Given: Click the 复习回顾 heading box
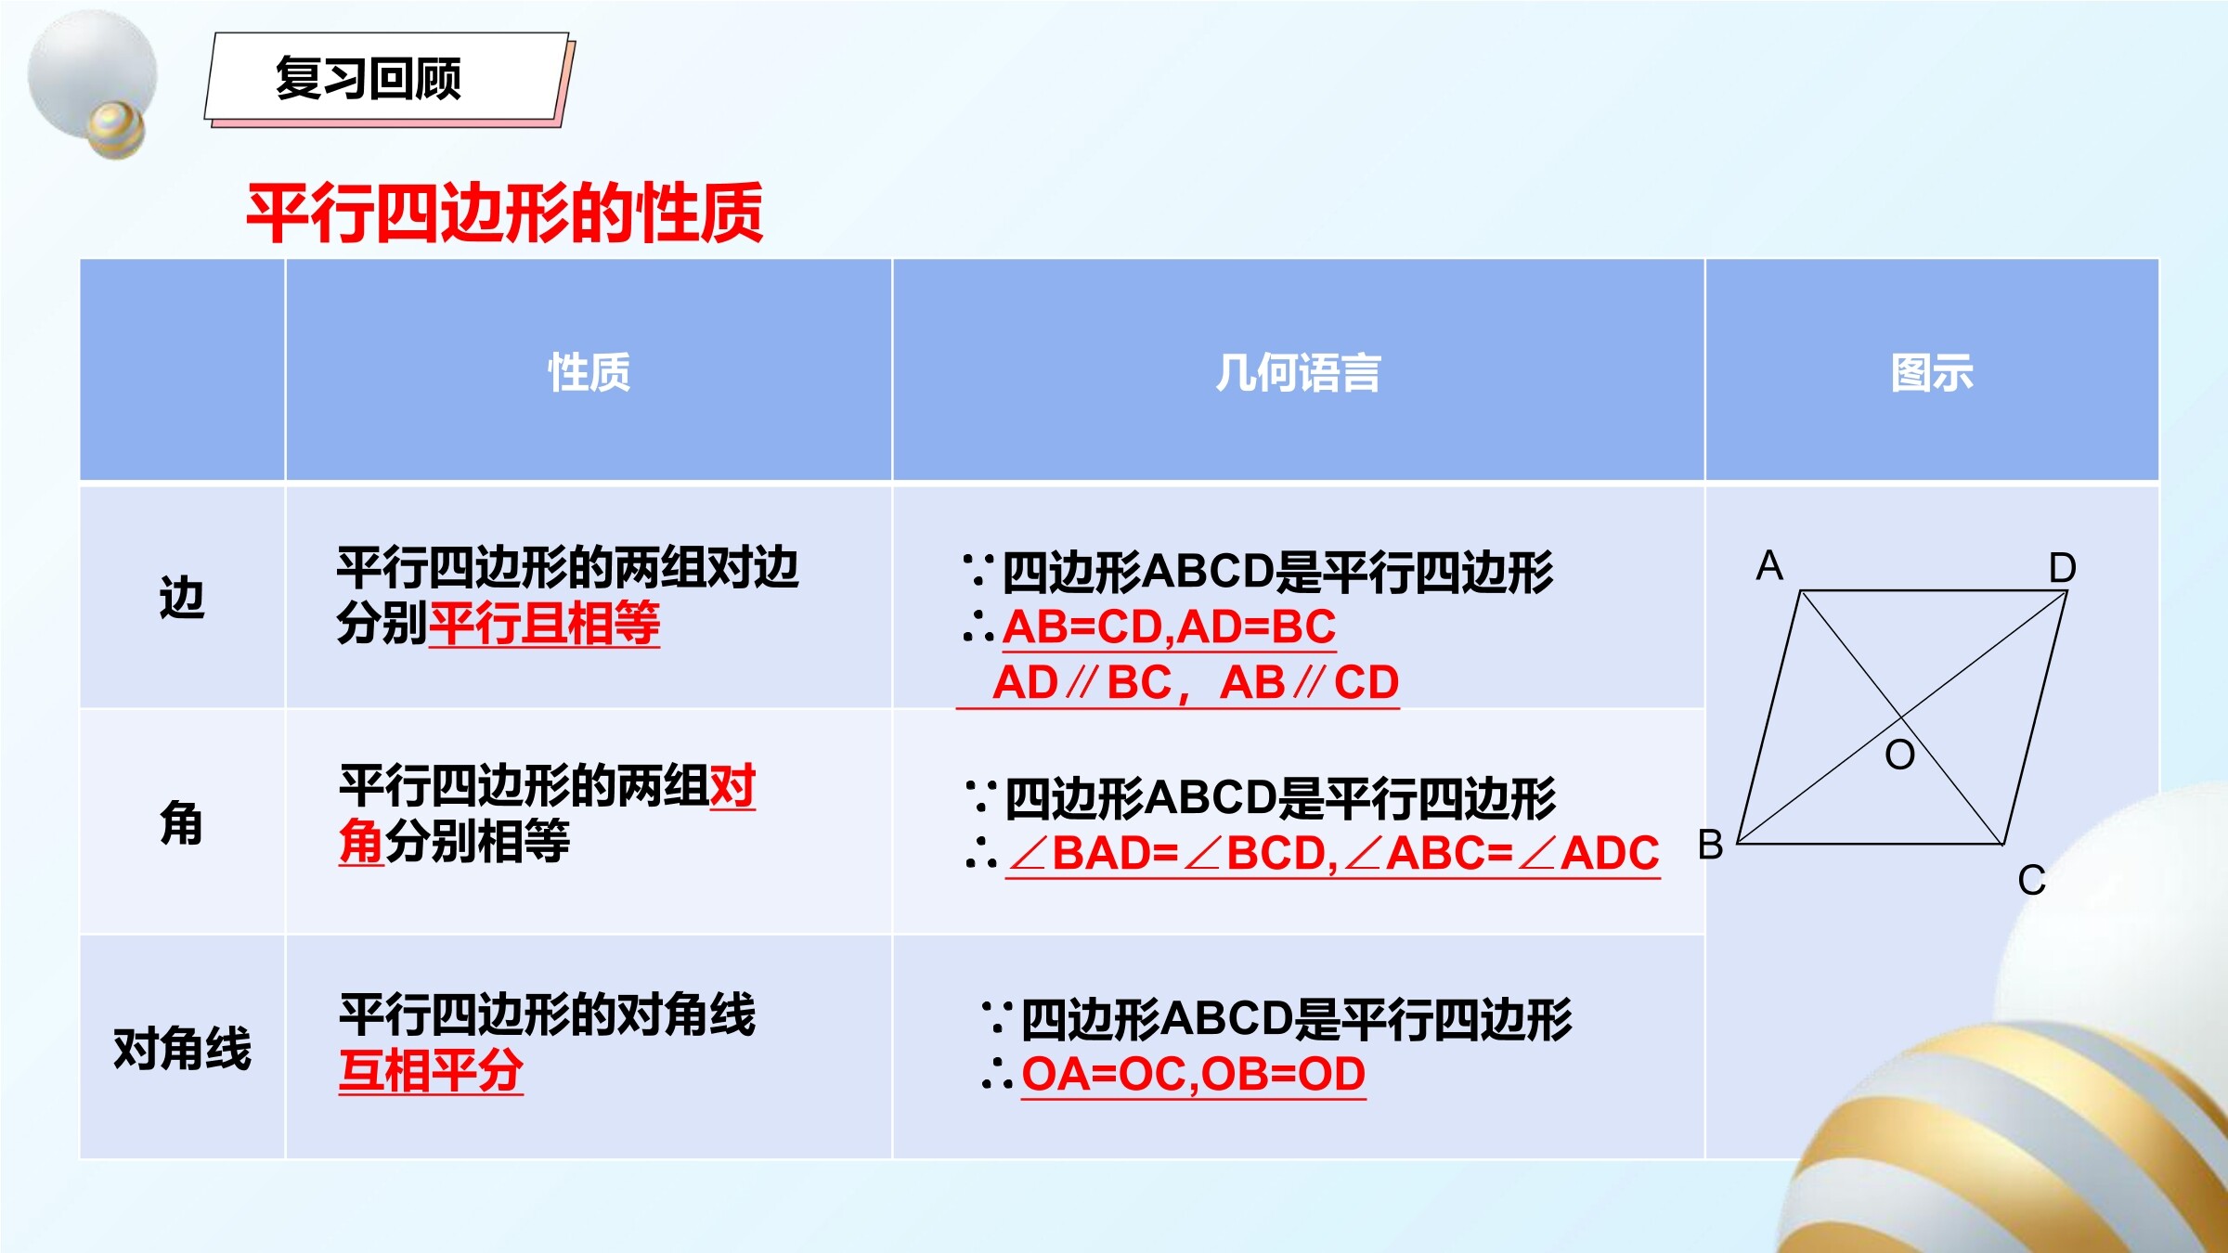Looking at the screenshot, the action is pos(387,78).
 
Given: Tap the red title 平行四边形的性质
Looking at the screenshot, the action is pos(505,213).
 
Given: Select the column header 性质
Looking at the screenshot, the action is pos(589,372).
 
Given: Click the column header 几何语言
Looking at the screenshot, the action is pos(1298,372).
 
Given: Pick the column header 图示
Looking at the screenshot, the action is pos(1932,372).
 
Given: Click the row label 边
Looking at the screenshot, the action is pos(182,597).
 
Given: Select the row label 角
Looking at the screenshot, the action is pos(182,822).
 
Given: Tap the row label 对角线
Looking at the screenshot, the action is pos(182,1049).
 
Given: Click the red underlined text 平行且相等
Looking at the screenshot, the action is pos(544,623).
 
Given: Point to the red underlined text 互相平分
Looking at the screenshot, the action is pos(431,1071).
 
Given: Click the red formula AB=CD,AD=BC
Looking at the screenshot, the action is pos(1170,626).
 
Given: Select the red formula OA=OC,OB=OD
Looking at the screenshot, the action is pos(1194,1074).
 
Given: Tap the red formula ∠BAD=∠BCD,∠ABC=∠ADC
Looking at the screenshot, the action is pos(1333,853).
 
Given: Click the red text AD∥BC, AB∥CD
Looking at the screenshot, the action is pos(1196,682).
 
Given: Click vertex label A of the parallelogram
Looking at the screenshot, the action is pos(1769,564).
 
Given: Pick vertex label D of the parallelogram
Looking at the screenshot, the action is pos(2063,567).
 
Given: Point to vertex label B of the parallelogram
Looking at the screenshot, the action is pos(1710,845).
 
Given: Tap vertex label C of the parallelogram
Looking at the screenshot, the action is pos(2032,880).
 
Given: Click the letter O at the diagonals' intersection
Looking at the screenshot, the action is pos(1900,755).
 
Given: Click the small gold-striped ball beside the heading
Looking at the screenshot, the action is pos(116,128).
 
